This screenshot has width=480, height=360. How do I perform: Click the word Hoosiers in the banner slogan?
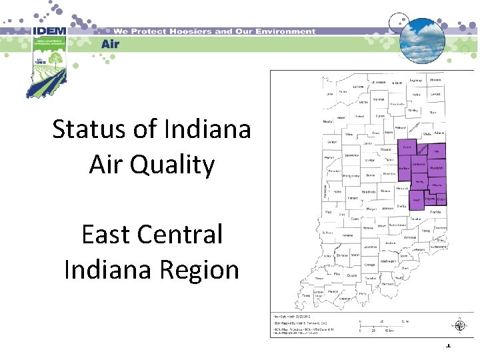click(190, 31)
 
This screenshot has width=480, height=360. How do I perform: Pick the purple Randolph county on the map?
click(436, 168)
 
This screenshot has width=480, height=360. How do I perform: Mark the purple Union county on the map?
click(441, 199)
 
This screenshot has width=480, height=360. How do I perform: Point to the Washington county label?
click(389, 262)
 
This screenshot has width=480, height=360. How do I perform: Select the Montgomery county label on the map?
click(353, 175)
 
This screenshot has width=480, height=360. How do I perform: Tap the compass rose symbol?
click(459, 326)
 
